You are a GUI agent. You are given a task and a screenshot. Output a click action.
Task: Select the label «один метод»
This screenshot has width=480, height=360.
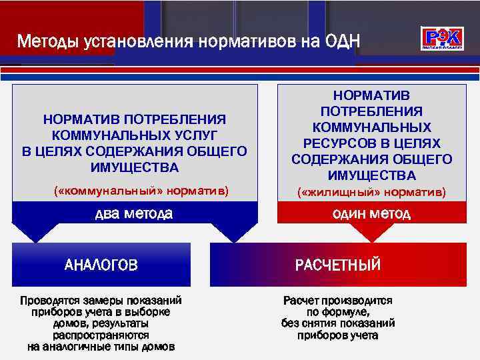(372, 214)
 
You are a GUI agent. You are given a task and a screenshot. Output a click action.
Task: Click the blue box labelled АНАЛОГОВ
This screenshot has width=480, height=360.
(101, 265)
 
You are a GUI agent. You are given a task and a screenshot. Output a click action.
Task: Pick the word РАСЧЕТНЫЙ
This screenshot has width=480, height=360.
(338, 265)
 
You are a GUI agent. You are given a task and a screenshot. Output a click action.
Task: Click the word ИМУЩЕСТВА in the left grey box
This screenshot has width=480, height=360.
(135, 167)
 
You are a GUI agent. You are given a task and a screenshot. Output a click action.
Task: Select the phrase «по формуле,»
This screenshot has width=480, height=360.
(338, 311)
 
